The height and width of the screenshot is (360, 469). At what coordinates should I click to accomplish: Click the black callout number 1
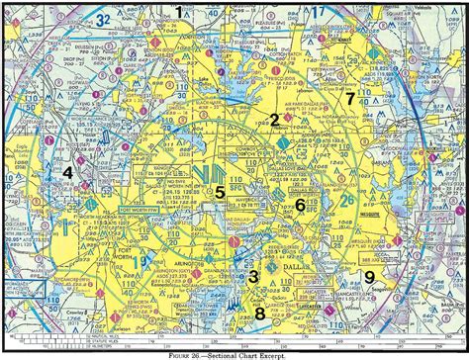[x=178, y=11]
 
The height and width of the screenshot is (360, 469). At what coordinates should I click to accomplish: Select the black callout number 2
[x=273, y=120]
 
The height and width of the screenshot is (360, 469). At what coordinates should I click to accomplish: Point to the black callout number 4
[x=67, y=172]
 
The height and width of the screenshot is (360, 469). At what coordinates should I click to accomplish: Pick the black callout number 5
[x=219, y=194]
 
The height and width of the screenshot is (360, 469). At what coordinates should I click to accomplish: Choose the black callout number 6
[x=300, y=205]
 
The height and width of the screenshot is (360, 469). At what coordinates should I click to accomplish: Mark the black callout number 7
[x=349, y=99]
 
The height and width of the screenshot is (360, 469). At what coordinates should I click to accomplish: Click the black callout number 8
[x=259, y=314]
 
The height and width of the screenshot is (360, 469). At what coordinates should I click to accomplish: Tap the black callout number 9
[x=369, y=277]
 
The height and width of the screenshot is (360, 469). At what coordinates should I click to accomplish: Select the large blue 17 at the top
[x=318, y=12]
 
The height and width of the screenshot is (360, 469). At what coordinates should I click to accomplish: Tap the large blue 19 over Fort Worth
[x=143, y=260]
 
